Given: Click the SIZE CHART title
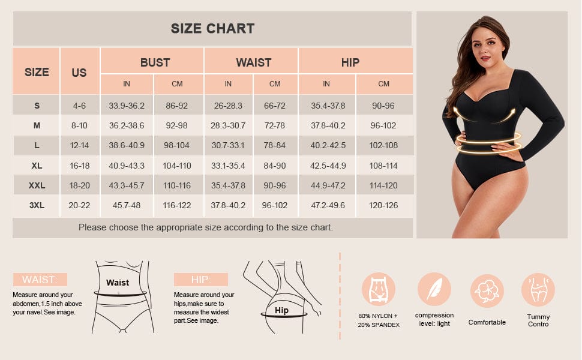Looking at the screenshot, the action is click(212, 29).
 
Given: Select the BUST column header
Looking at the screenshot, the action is click(155, 62).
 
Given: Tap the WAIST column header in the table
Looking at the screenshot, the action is click(254, 62).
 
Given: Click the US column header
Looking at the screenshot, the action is click(79, 73).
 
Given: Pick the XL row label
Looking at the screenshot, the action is click(37, 166).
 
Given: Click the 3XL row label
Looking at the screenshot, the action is click(37, 205).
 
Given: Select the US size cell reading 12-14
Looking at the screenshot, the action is click(79, 145).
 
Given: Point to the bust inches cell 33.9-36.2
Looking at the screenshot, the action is click(127, 106).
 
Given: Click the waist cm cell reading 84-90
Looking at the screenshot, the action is click(275, 166).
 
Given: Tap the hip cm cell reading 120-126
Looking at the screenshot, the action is click(383, 205).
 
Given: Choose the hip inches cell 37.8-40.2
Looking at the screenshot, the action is click(328, 126).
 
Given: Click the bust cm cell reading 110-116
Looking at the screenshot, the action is click(176, 185).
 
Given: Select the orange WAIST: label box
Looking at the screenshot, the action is click(40, 280).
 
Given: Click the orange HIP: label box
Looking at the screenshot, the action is click(201, 280).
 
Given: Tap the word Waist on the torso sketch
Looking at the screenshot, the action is click(118, 283).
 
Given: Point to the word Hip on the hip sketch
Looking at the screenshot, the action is click(281, 310).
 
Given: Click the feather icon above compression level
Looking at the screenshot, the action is click(434, 289).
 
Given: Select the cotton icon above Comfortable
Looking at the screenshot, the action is click(487, 291).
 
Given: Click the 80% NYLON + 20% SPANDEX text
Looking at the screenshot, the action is click(379, 320).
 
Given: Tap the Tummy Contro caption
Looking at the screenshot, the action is click(538, 320).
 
